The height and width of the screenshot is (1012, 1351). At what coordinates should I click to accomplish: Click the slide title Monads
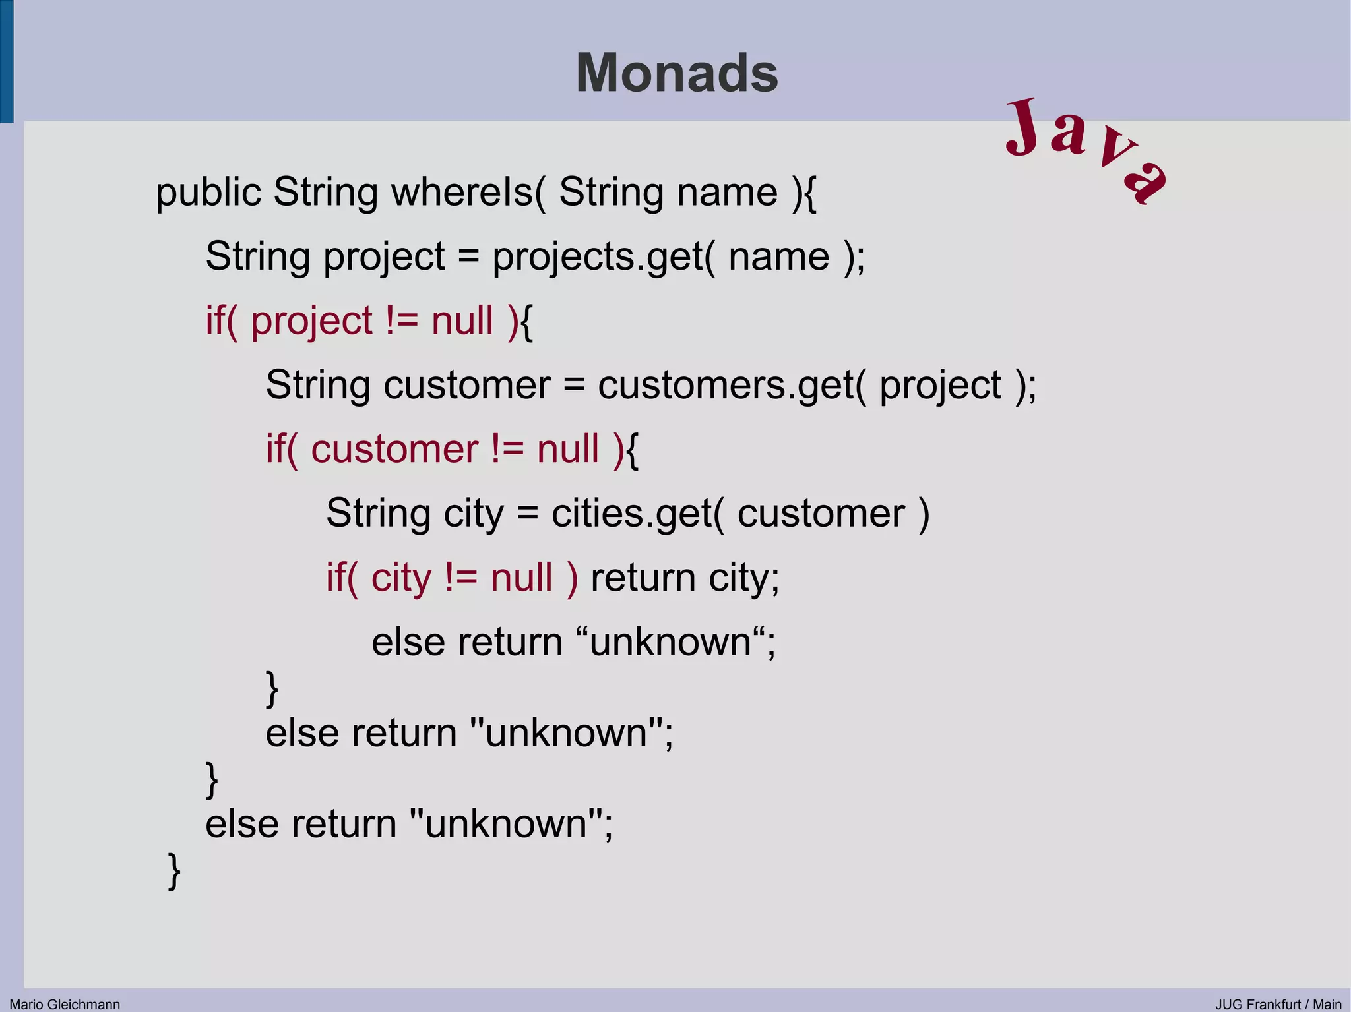(x=677, y=73)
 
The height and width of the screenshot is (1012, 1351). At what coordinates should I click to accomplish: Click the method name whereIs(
(x=468, y=193)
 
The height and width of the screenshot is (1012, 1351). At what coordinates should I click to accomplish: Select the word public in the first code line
(x=208, y=193)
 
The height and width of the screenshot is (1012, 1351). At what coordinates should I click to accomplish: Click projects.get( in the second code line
(x=603, y=256)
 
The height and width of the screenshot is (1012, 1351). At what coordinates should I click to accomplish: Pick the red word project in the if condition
(x=311, y=321)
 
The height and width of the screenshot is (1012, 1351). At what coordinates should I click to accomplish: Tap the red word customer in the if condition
(x=394, y=450)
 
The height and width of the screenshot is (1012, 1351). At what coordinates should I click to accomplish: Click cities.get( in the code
(x=637, y=514)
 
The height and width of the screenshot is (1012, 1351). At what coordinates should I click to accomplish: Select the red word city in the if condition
(x=401, y=578)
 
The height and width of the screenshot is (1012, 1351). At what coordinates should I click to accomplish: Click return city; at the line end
(x=685, y=578)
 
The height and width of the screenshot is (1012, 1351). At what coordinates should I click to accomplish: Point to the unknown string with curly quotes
(x=670, y=642)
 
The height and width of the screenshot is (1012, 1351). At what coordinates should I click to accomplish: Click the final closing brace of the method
(x=174, y=871)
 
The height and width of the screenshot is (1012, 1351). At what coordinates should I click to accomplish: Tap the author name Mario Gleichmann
(x=65, y=1004)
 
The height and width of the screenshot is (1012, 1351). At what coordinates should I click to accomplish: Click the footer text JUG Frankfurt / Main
(x=1278, y=1004)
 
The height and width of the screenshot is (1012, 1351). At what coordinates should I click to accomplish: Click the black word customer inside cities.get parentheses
(x=821, y=514)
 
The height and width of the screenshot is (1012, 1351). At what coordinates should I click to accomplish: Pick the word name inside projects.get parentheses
(x=778, y=256)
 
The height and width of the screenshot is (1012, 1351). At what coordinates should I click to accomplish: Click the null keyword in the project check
(x=462, y=321)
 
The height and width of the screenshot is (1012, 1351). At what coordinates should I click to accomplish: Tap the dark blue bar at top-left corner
(x=7, y=61)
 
